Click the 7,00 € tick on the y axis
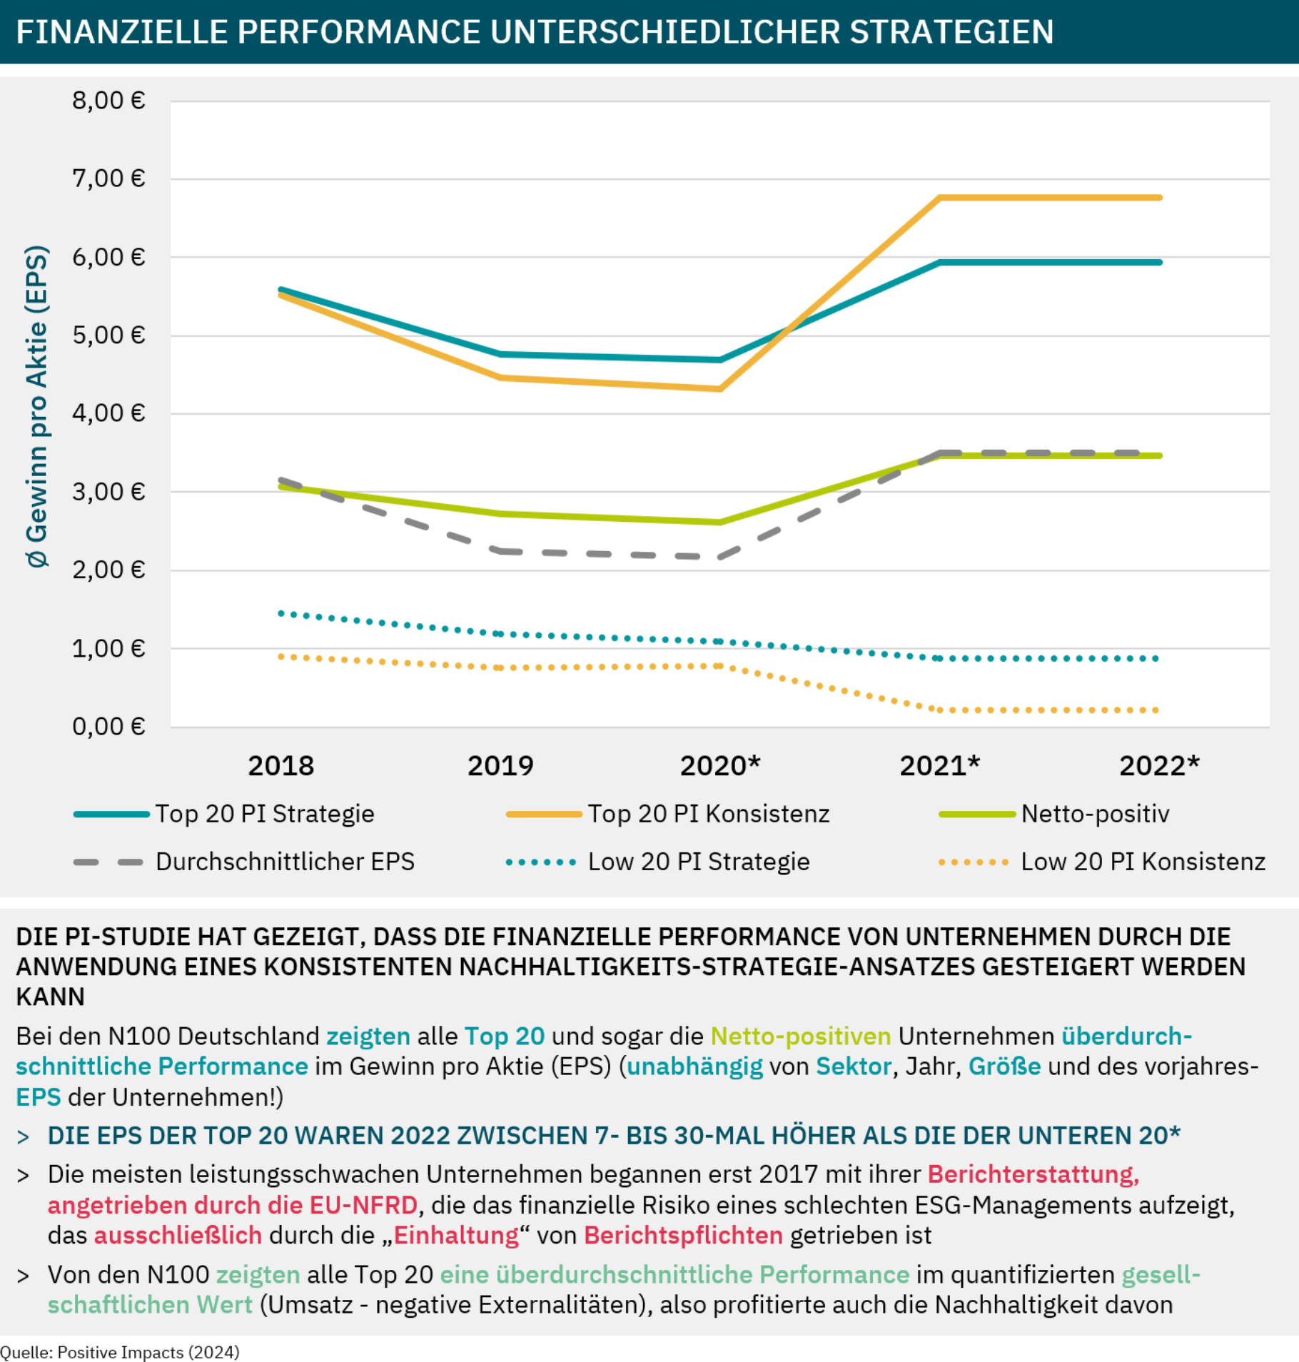pyautogui.click(x=108, y=178)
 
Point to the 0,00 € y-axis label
pyautogui.click(x=108, y=727)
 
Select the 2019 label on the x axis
pyautogui.click(x=500, y=766)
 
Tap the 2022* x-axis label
pyautogui.click(x=1159, y=766)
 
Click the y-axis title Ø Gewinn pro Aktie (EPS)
pyautogui.click(x=37, y=407)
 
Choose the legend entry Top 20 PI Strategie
pyautogui.click(x=265, y=814)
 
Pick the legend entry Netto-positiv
pyautogui.click(x=1095, y=814)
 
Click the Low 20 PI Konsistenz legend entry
pyautogui.click(x=1143, y=862)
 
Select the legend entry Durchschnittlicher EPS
pyautogui.click(x=285, y=862)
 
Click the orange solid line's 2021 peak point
pyautogui.click(x=940, y=198)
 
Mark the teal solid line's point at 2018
pyautogui.click(x=281, y=290)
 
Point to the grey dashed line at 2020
pyautogui.click(x=720, y=557)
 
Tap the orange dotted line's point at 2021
pyautogui.click(x=940, y=710)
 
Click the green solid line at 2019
pyautogui.click(x=500, y=514)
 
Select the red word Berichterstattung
pyautogui.click(x=1033, y=1174)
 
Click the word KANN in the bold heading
pyautogui.click(x=50, y=997)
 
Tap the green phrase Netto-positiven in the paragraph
pyautogui.click(x=801, y=1036)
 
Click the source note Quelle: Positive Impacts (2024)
pyautogui.click(x=120, y=1352)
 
